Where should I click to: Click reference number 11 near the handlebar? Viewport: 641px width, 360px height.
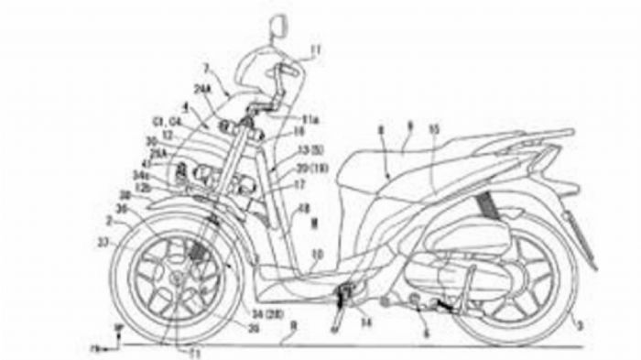(x=315, y=49)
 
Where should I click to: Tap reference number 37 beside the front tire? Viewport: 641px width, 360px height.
(x=113, y=242)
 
